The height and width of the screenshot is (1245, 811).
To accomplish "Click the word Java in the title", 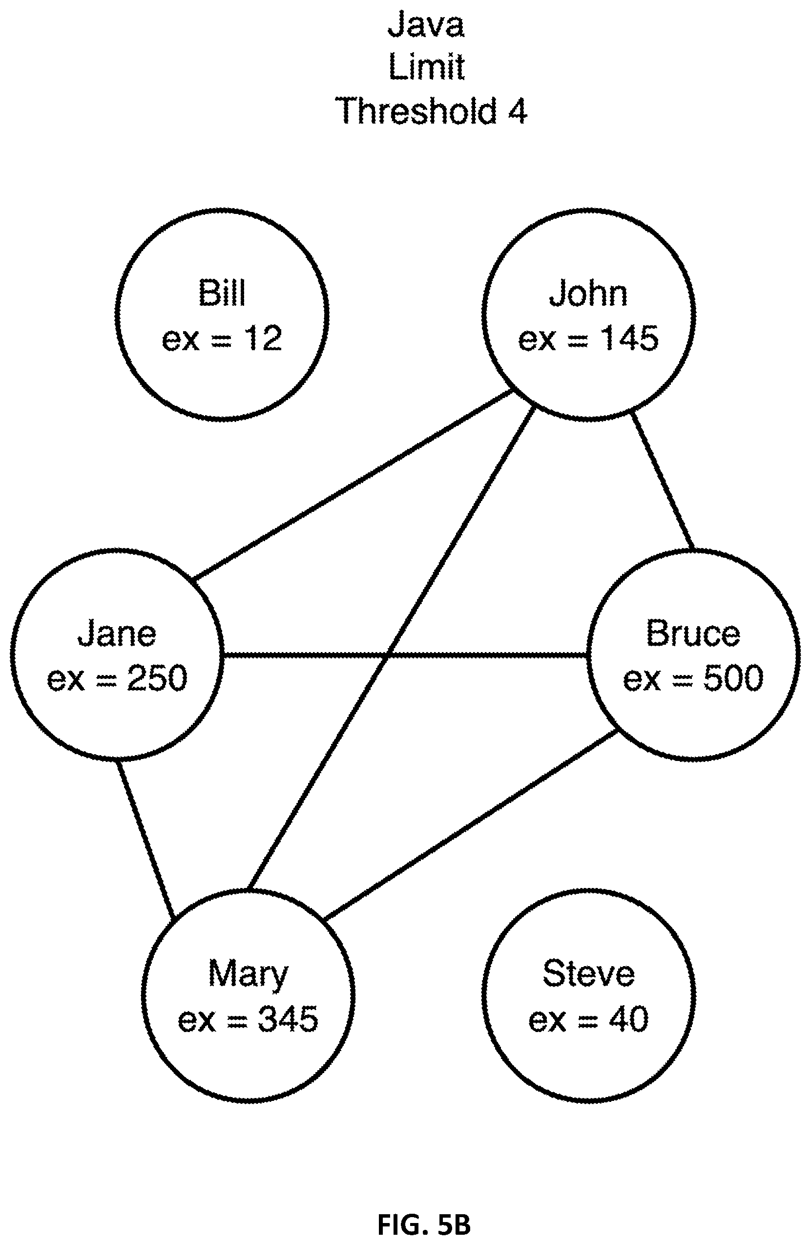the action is (426, 24).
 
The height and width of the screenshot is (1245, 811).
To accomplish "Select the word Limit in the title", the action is (426, 67).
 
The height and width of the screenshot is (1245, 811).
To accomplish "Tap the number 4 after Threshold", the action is (517, 111).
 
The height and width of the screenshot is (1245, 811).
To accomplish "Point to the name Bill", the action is (222, 293).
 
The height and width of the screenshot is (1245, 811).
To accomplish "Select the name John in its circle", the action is (588, 294).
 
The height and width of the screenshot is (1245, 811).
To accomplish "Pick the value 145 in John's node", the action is (629, 338).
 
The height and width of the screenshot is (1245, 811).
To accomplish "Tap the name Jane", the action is (117, 633).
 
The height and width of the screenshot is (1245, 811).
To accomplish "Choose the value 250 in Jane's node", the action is (157, 678).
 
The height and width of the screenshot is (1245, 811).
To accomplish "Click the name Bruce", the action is (693, 633).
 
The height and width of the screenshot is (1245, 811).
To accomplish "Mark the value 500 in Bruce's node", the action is (733, 678).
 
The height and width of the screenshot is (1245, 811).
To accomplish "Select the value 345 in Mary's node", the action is (288, 1018).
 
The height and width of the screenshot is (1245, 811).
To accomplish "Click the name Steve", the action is (589, 973).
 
